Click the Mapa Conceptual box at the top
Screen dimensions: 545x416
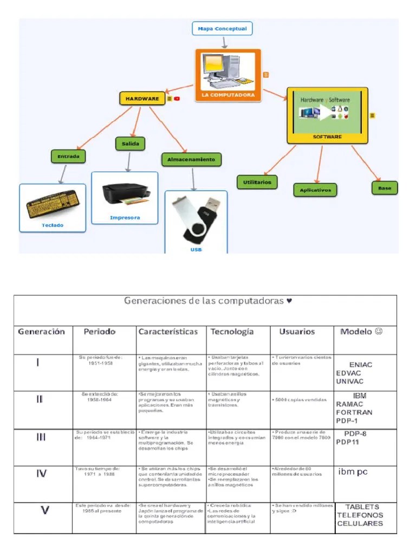pos(222,28)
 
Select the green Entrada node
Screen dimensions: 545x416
pos(68,157)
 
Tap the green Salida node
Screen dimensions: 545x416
pos(130,144)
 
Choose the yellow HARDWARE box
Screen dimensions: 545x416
pos(142,99)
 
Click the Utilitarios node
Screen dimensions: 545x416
pos(257,182)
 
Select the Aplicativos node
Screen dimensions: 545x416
pos(315,190)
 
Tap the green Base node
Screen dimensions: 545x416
pos(385,188)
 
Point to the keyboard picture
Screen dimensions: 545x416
pos(53,204)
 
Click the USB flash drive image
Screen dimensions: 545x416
pos(196,219)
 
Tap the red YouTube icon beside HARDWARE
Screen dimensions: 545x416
pos(177,99)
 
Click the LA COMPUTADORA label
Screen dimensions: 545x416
pos(228,95)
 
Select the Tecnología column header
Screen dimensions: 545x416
pos(232,332)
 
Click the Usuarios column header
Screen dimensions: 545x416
pos(296,332)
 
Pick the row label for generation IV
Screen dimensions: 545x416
pos(41,473)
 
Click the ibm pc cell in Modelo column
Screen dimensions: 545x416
pos(353,472)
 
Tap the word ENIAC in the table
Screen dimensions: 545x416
pos(361,365)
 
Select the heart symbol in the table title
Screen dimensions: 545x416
pos(289,300)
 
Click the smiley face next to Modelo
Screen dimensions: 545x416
pos(378,331)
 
